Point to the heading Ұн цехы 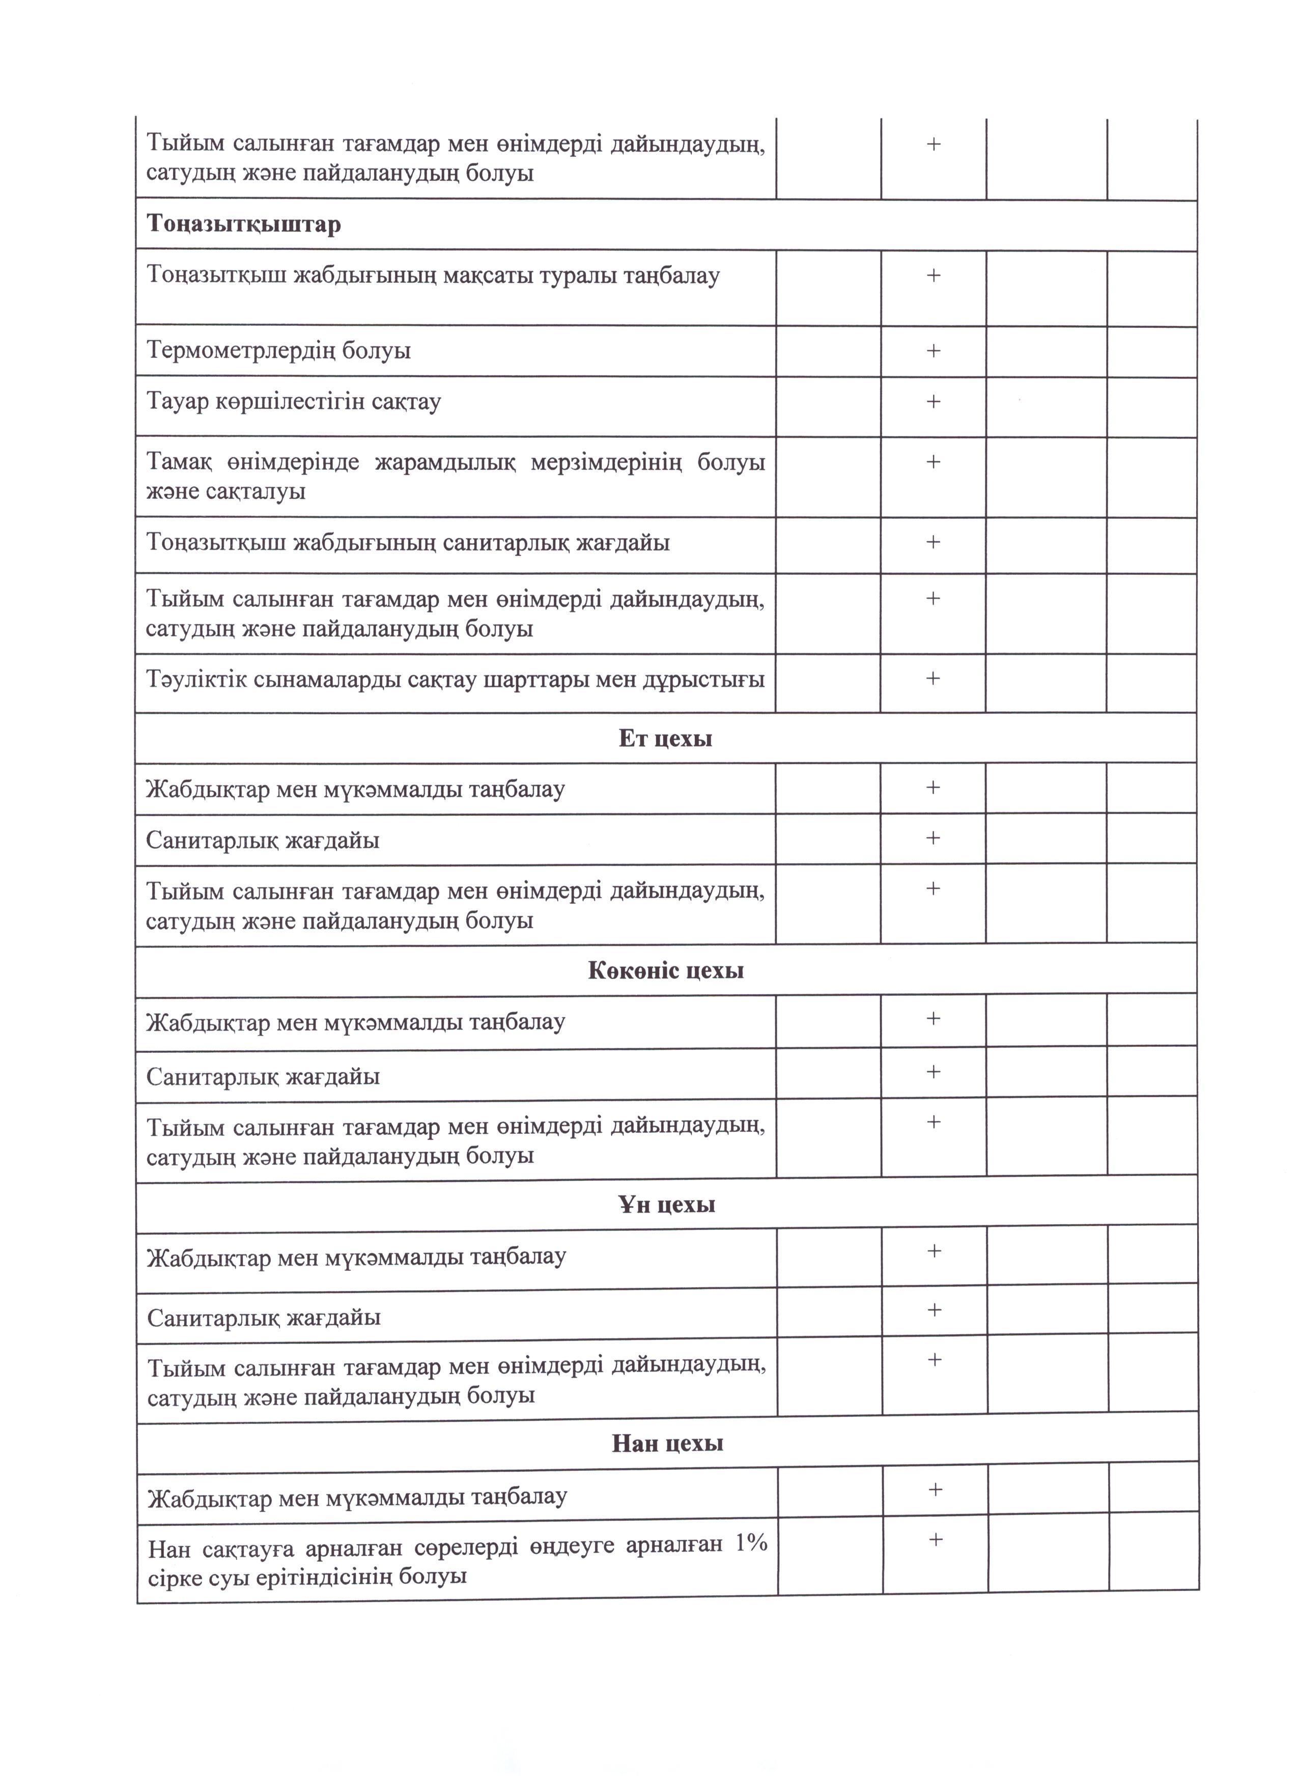(x=666, y=1205)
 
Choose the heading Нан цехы (x=667, y=1443)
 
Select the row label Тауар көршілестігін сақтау (x=294, y=402)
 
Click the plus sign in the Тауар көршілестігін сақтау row (x=934, y=401)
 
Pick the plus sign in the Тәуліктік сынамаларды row (x=934, y=678)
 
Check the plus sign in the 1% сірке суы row (x=936, y=1540)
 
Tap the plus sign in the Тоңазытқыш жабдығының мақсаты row (x=934, y=275)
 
